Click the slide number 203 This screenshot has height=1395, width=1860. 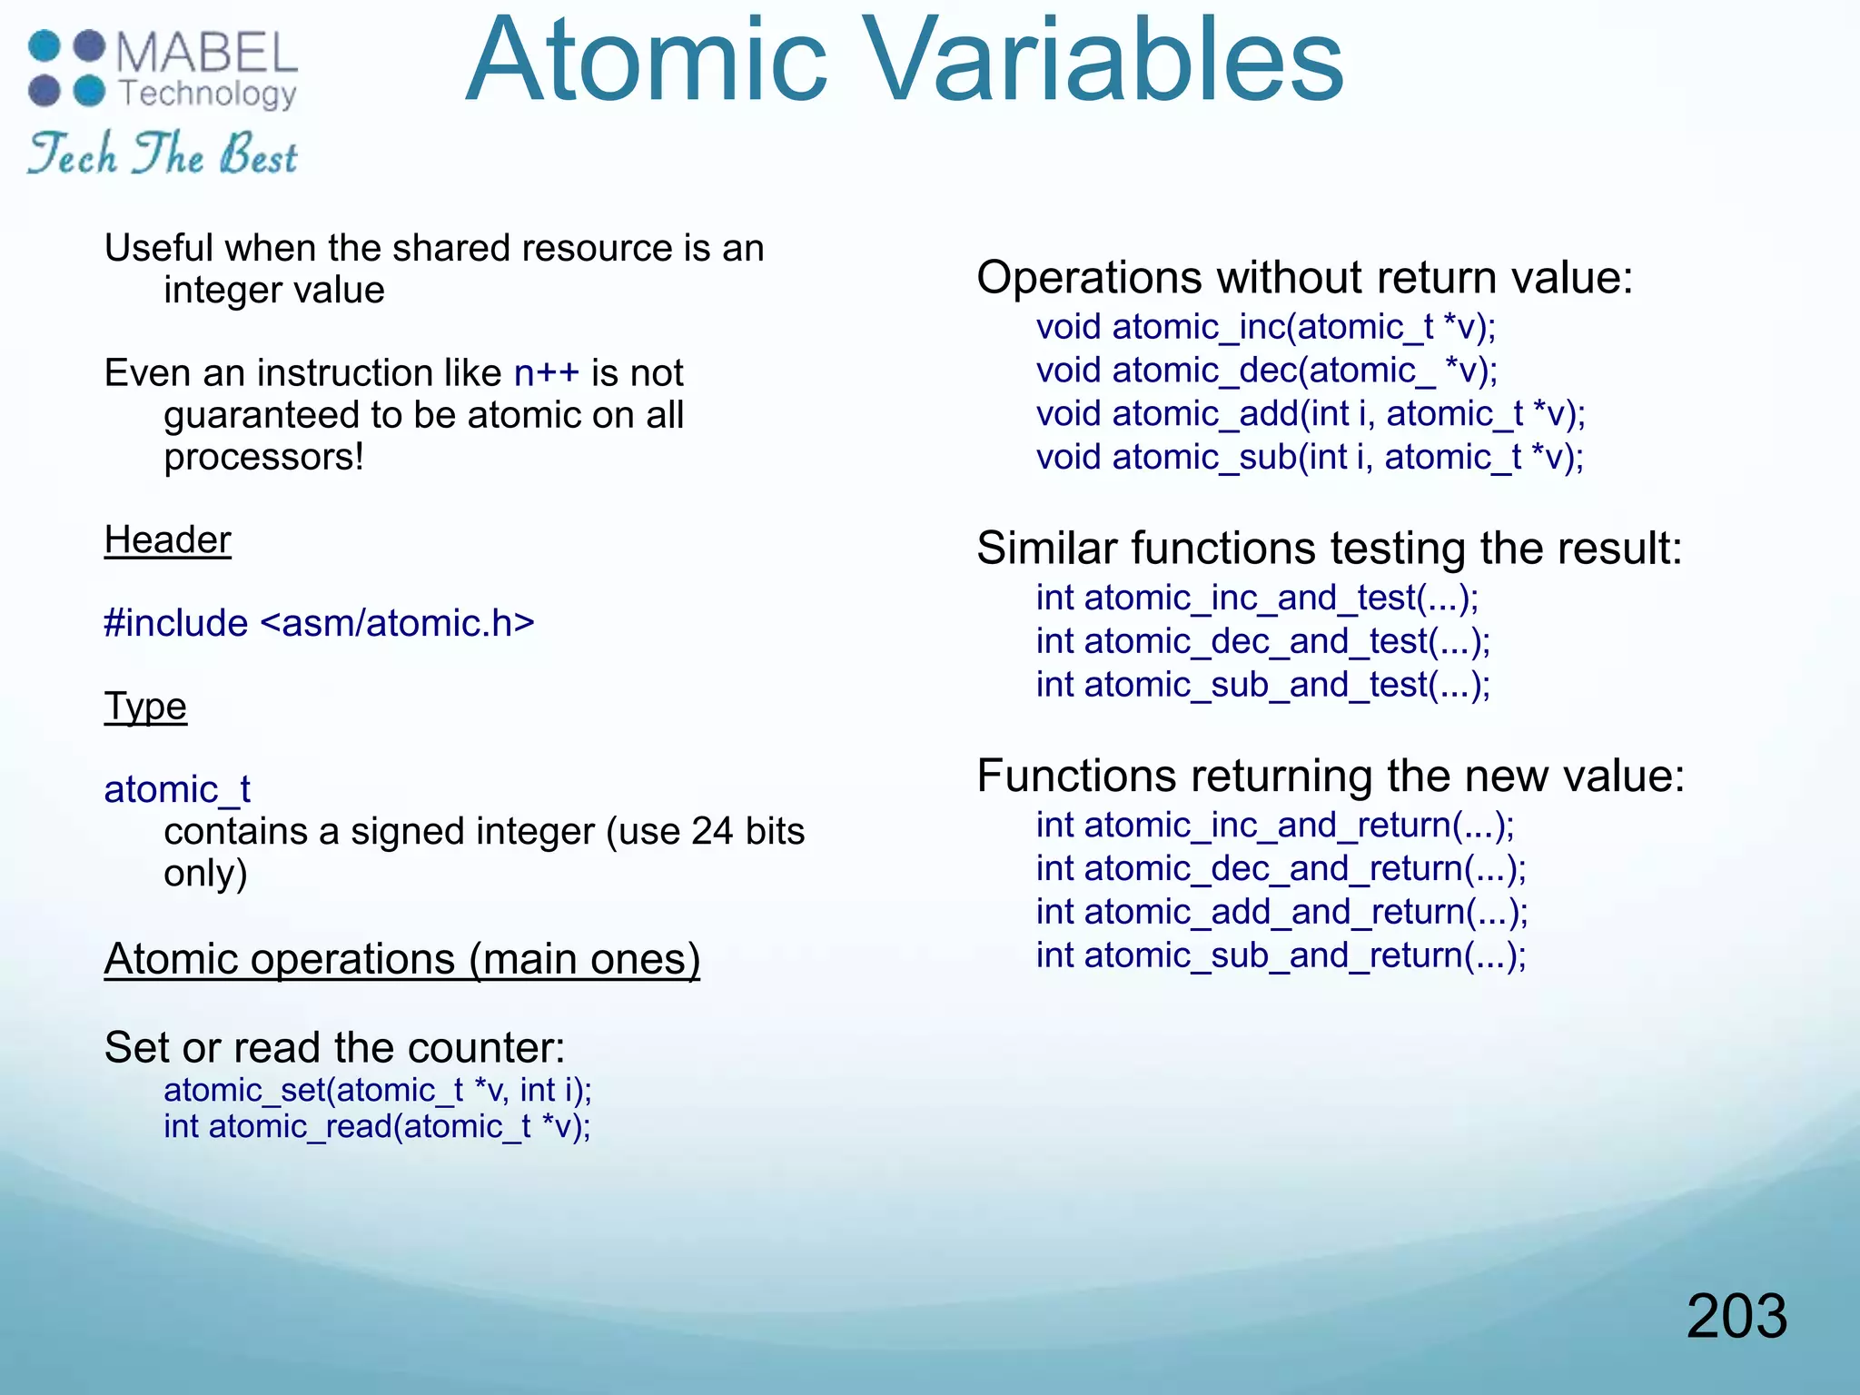1736,1316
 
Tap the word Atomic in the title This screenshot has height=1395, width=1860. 646,62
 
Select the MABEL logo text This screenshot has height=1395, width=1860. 207,53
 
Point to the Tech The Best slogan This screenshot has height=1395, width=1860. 163,153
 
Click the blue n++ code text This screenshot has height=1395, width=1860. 546,373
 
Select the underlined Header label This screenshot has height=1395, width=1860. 168,540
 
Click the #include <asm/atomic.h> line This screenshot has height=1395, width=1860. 319,623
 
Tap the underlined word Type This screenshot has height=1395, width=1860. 145,707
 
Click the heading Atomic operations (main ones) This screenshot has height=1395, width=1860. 401,959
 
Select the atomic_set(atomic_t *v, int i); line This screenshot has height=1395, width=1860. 378,1090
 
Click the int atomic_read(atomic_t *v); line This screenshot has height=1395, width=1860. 377,1127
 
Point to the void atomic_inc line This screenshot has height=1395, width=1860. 1266,327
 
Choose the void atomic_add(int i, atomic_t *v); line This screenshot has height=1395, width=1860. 1311,414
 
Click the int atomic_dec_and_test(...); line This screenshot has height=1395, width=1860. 1262,641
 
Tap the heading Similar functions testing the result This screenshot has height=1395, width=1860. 1329,549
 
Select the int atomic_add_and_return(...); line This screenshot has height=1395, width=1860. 1281,912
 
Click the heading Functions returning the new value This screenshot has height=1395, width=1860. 1331,777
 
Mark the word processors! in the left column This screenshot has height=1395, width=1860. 263,457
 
